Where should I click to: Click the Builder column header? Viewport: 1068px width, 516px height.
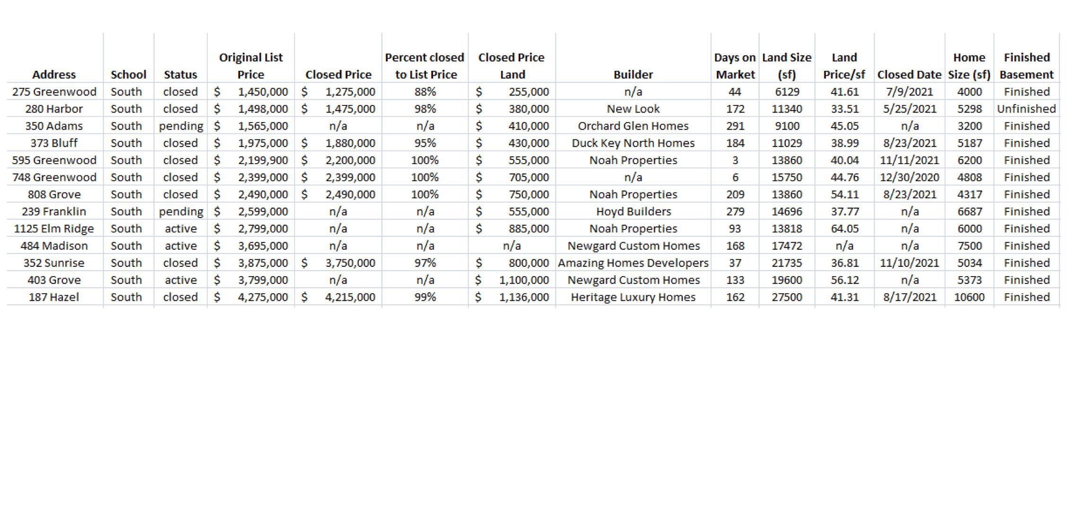(x=633, y=75)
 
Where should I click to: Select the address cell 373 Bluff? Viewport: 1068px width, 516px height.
(x=54, y=143)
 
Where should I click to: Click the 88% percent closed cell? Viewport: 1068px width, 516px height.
(x=425, y=92)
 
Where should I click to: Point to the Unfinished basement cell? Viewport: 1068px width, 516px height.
(x=1026, y=109)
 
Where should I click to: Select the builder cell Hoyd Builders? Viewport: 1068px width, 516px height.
(x=633, y=211)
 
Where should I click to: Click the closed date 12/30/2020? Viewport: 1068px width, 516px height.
(x=909, y=177)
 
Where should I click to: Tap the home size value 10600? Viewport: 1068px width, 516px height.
(x=969, y=297)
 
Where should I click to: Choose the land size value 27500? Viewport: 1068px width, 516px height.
(x=787, y=297)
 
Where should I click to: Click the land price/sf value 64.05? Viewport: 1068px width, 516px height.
(x=844, y=228)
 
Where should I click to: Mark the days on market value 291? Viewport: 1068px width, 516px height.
(x=735, y=126)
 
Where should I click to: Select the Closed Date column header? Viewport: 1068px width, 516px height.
(x=909, y=75)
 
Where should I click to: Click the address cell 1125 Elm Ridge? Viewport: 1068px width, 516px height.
(x=54, y=228)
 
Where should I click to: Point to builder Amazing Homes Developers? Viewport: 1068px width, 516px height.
(x=633, y=263)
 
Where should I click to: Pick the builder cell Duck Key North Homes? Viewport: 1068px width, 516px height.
(x=633, y=143)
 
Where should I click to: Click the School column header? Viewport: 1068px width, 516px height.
(x=128, y=75)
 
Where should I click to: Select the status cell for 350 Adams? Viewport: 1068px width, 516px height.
(x=181, y=126)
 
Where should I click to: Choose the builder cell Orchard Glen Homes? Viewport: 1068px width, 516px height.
(x=633, y=126)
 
